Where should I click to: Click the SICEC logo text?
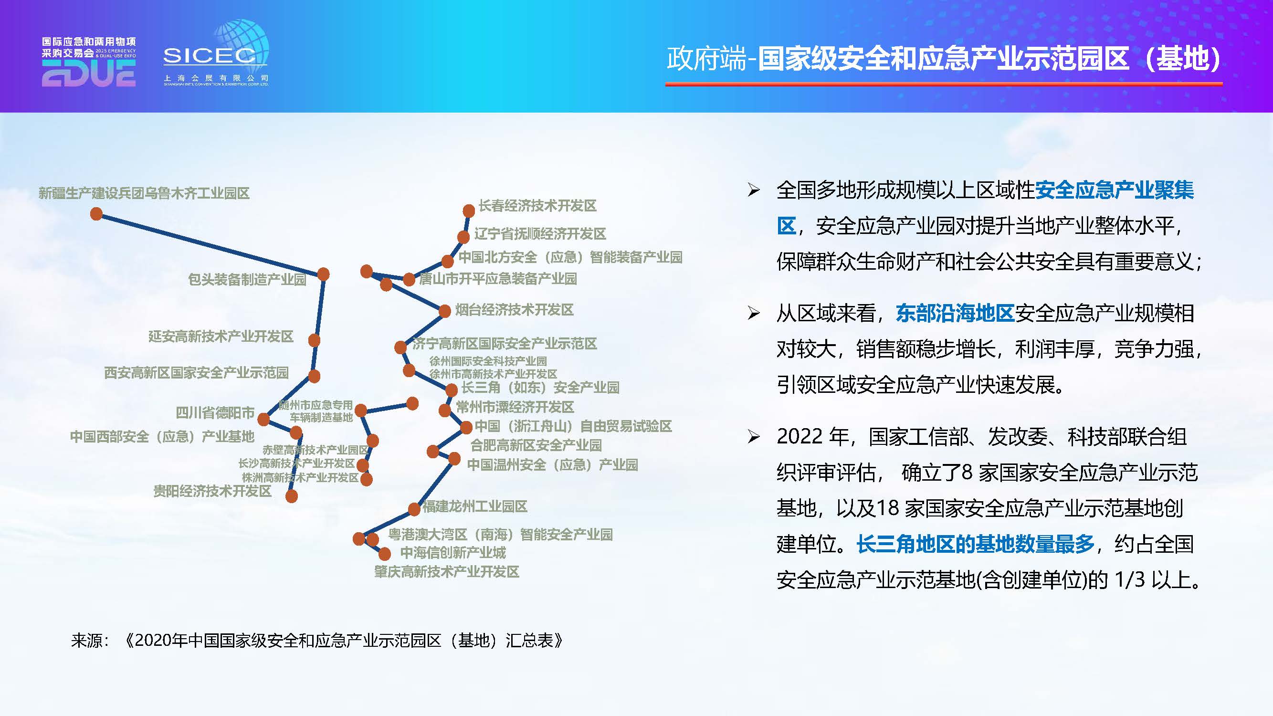coord(210,56)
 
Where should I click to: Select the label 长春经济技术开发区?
coord(537,206)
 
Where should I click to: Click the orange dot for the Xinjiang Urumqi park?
coord(96,214)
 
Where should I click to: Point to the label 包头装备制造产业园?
coord(247,279)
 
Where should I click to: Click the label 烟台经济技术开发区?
coord(514,310)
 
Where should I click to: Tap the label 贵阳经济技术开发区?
coord(212,491)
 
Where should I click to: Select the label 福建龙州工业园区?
coord(474,506)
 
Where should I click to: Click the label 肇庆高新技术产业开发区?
coord(446,572)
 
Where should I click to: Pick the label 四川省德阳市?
coord(215,412)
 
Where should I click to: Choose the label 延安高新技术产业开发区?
coord(221,337)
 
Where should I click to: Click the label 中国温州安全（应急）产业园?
coord(552,464)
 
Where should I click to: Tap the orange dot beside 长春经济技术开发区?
coord(468,211)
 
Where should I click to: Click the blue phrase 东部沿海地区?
coord(955,313)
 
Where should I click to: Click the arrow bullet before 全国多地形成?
coord(753,190)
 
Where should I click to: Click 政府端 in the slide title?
coord(705,59)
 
